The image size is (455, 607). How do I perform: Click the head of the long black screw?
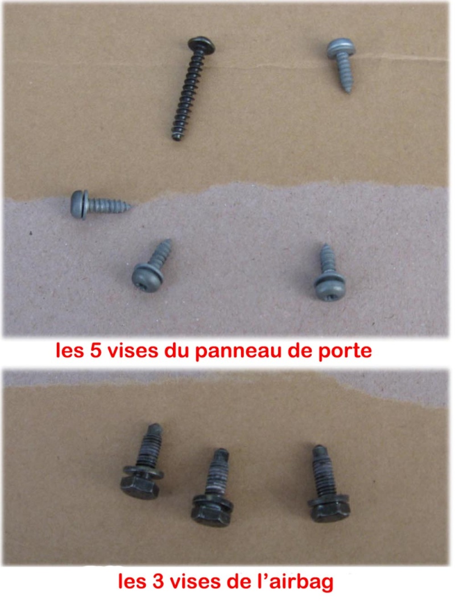coord(201,45)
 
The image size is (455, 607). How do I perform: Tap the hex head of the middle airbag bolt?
coord(210,514)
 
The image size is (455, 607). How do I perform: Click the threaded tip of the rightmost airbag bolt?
coord(318,450)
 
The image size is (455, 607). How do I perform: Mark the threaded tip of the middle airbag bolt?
coord(221,454)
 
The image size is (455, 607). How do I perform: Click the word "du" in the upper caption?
coord(176,351)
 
